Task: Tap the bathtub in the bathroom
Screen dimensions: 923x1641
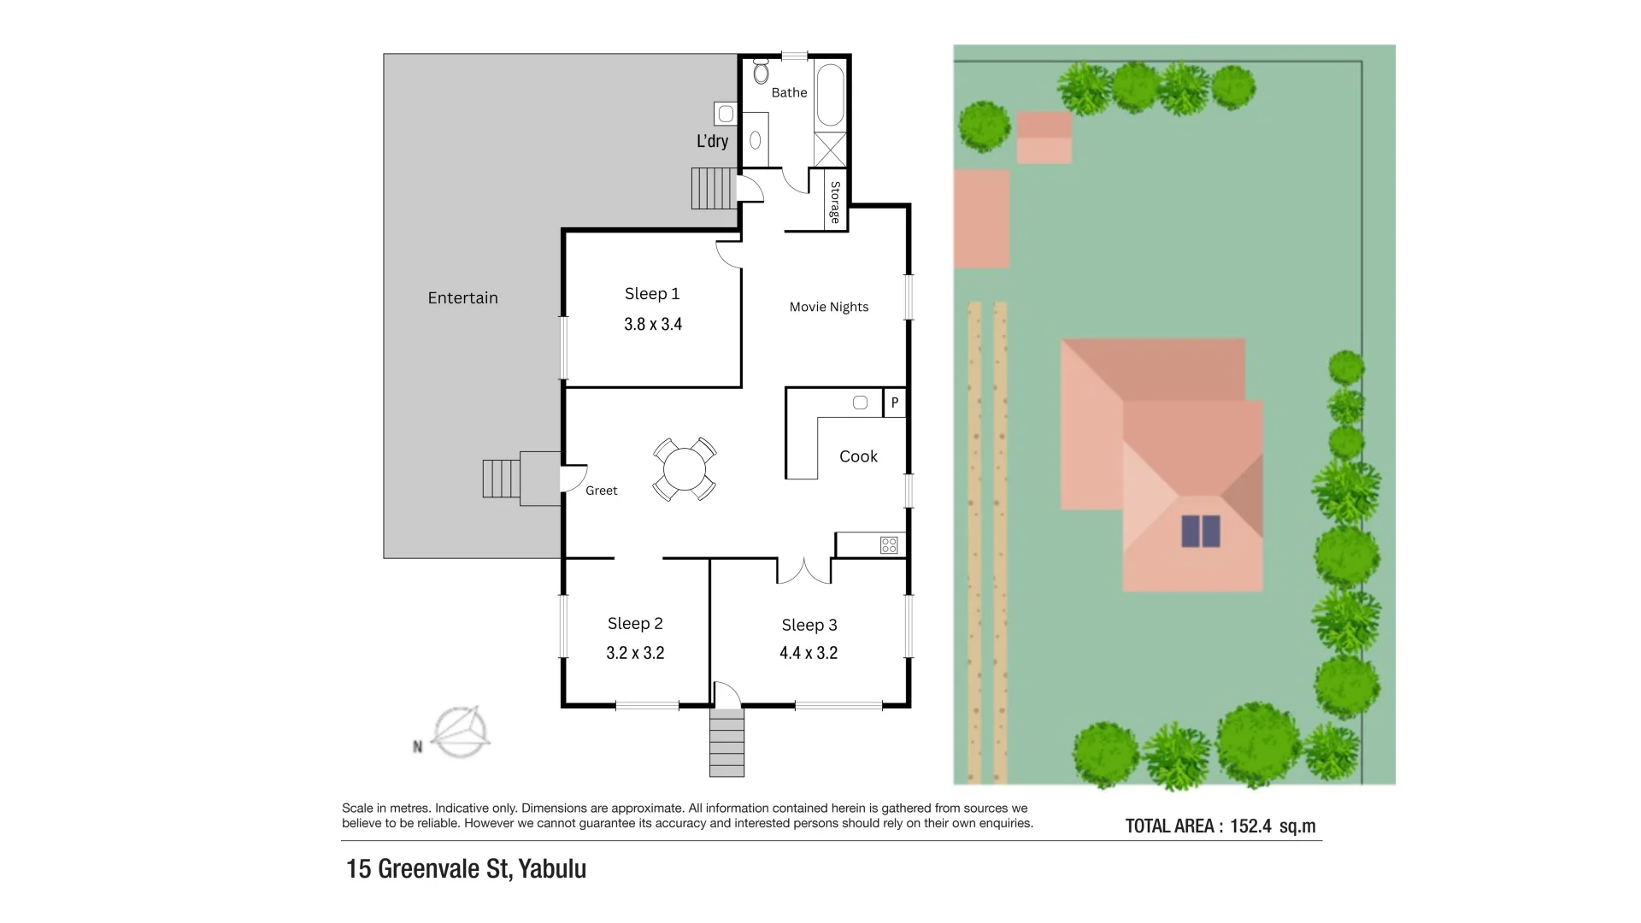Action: (830, 94)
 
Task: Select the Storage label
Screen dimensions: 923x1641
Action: (835, 203)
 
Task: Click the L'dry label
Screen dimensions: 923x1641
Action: (712, 141)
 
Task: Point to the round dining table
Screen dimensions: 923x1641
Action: (685, 469)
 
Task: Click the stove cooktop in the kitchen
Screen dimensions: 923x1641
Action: (889, 544)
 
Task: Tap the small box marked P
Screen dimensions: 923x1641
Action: (894, 403)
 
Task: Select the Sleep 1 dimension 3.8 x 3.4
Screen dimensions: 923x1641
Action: (653, 324)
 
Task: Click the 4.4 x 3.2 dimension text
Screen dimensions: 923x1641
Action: (808, 653)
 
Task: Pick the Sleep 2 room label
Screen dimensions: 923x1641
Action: (635, 624)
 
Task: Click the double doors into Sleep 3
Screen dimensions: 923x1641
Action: (803, 571)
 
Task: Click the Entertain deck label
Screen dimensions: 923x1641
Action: (462, 297)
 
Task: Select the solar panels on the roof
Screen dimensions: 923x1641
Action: (1201, 531)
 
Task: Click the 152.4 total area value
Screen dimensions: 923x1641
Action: (1250, 826)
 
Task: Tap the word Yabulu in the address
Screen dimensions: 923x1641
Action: (552, 868)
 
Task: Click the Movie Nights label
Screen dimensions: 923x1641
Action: (828, 307)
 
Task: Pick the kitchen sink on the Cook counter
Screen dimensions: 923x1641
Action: (860, 403)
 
